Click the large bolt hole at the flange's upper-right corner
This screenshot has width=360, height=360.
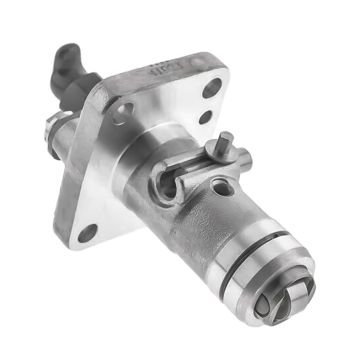tap(211, 88)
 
